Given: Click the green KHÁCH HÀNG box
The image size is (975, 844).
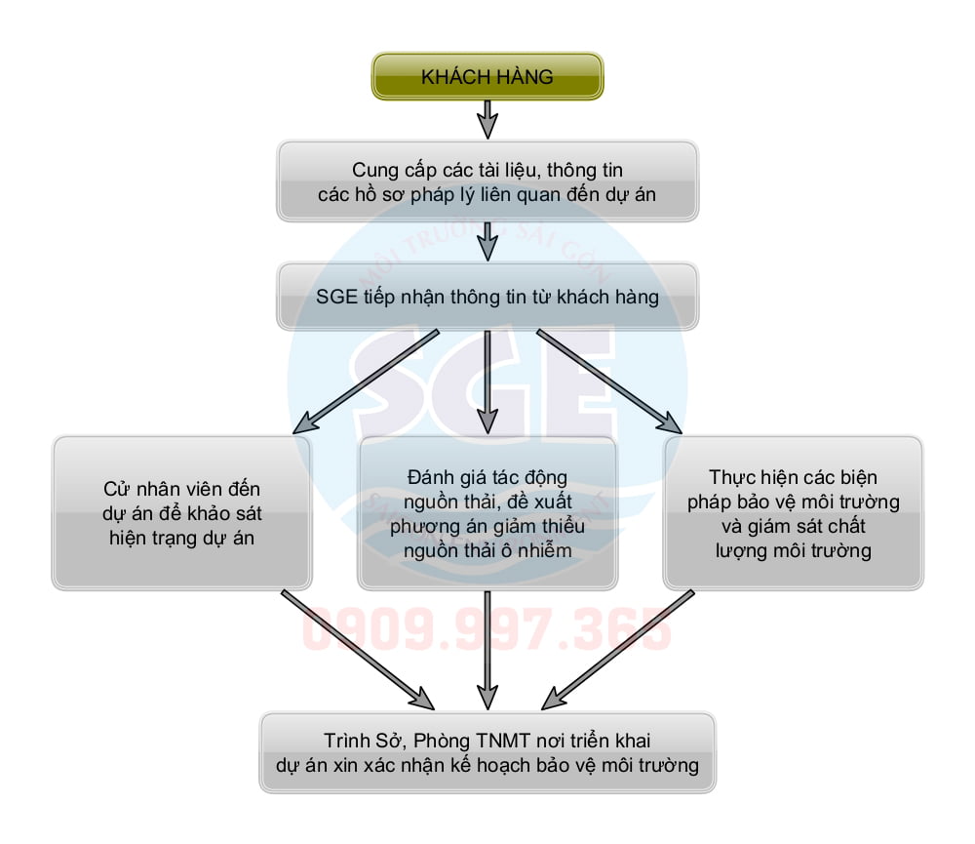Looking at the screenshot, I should point(487,76).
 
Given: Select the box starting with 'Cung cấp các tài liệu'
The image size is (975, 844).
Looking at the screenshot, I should point(487,181).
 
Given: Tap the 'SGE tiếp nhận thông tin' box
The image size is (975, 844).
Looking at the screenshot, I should point(487,297).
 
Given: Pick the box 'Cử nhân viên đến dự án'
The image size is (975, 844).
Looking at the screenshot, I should point(182,512).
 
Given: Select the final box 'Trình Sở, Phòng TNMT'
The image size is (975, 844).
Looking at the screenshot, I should point(487,751).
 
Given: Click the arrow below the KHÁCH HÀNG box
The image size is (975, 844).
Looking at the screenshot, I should point(487,119).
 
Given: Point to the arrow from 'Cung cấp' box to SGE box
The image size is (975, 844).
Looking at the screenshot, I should point(487,240).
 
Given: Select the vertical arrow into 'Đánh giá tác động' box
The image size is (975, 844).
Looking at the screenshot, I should point(487,381).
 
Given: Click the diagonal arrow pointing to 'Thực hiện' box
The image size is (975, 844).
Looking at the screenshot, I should point(609,381).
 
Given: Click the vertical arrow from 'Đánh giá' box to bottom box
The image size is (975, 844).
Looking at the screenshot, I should point(487,649).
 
